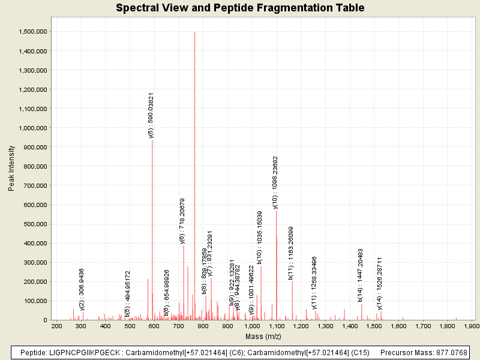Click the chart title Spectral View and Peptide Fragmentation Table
[240, 8]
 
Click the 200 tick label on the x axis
[57, 326]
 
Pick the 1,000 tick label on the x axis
[252, 326]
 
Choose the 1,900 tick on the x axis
[472, 326]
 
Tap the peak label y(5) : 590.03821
[151, 116]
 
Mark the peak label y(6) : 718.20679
[182, 221]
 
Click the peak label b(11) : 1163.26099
[291, 253]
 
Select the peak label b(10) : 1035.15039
[260, 238]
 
